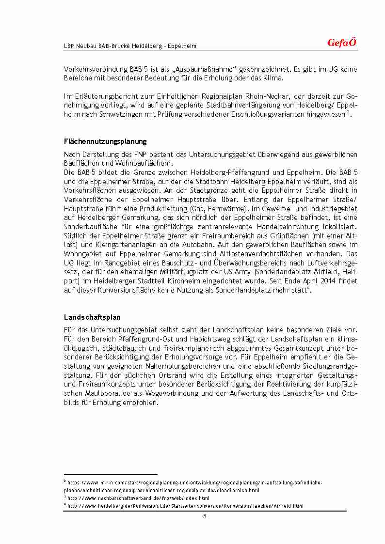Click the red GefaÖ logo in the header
342,43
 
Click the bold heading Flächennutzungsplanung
105,141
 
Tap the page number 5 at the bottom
205,516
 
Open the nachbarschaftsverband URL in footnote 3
138,498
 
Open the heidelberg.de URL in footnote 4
186,506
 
